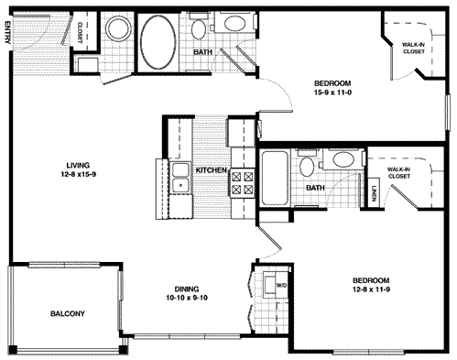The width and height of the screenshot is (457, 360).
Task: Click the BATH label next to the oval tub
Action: (x=203, y=52)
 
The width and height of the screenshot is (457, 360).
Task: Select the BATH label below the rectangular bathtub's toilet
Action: (x=315, y=189)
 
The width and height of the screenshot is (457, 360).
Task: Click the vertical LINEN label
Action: (x=375, y=193)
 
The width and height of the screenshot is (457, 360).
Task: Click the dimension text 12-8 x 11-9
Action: (x=369, y=291)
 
